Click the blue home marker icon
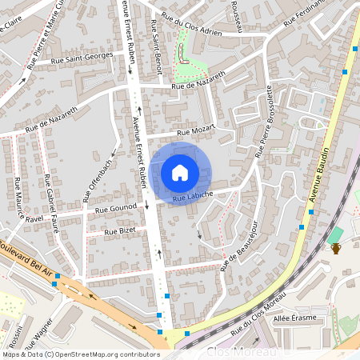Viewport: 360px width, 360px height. click(x=180, y=172)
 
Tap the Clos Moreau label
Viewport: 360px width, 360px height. click(x=242, y=351)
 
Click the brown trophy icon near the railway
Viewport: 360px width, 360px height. click(x=336, y=248)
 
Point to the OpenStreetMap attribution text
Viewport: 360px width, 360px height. click(x=81, y=354)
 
